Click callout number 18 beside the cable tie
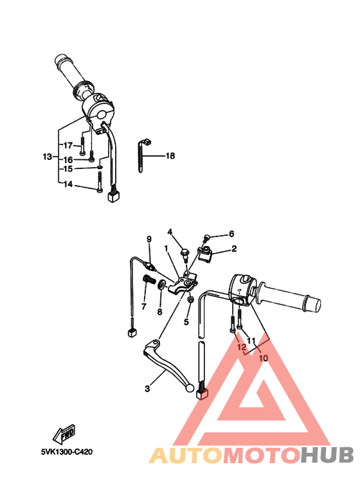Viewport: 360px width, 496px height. (x=170, y=156)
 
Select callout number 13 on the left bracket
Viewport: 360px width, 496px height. (x=47, y=157)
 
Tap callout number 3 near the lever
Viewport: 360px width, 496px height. (x=147, y=389)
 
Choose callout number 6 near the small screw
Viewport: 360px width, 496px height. (x=231, y=234)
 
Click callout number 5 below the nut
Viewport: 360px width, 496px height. (x=186, y=322)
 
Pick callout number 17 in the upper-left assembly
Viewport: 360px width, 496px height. (x=67, y=145)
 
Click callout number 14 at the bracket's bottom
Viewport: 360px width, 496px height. (x=67, y=184)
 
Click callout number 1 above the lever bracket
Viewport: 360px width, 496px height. (x=166, y=248)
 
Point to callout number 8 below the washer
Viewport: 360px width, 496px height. (x=160, y=312)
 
